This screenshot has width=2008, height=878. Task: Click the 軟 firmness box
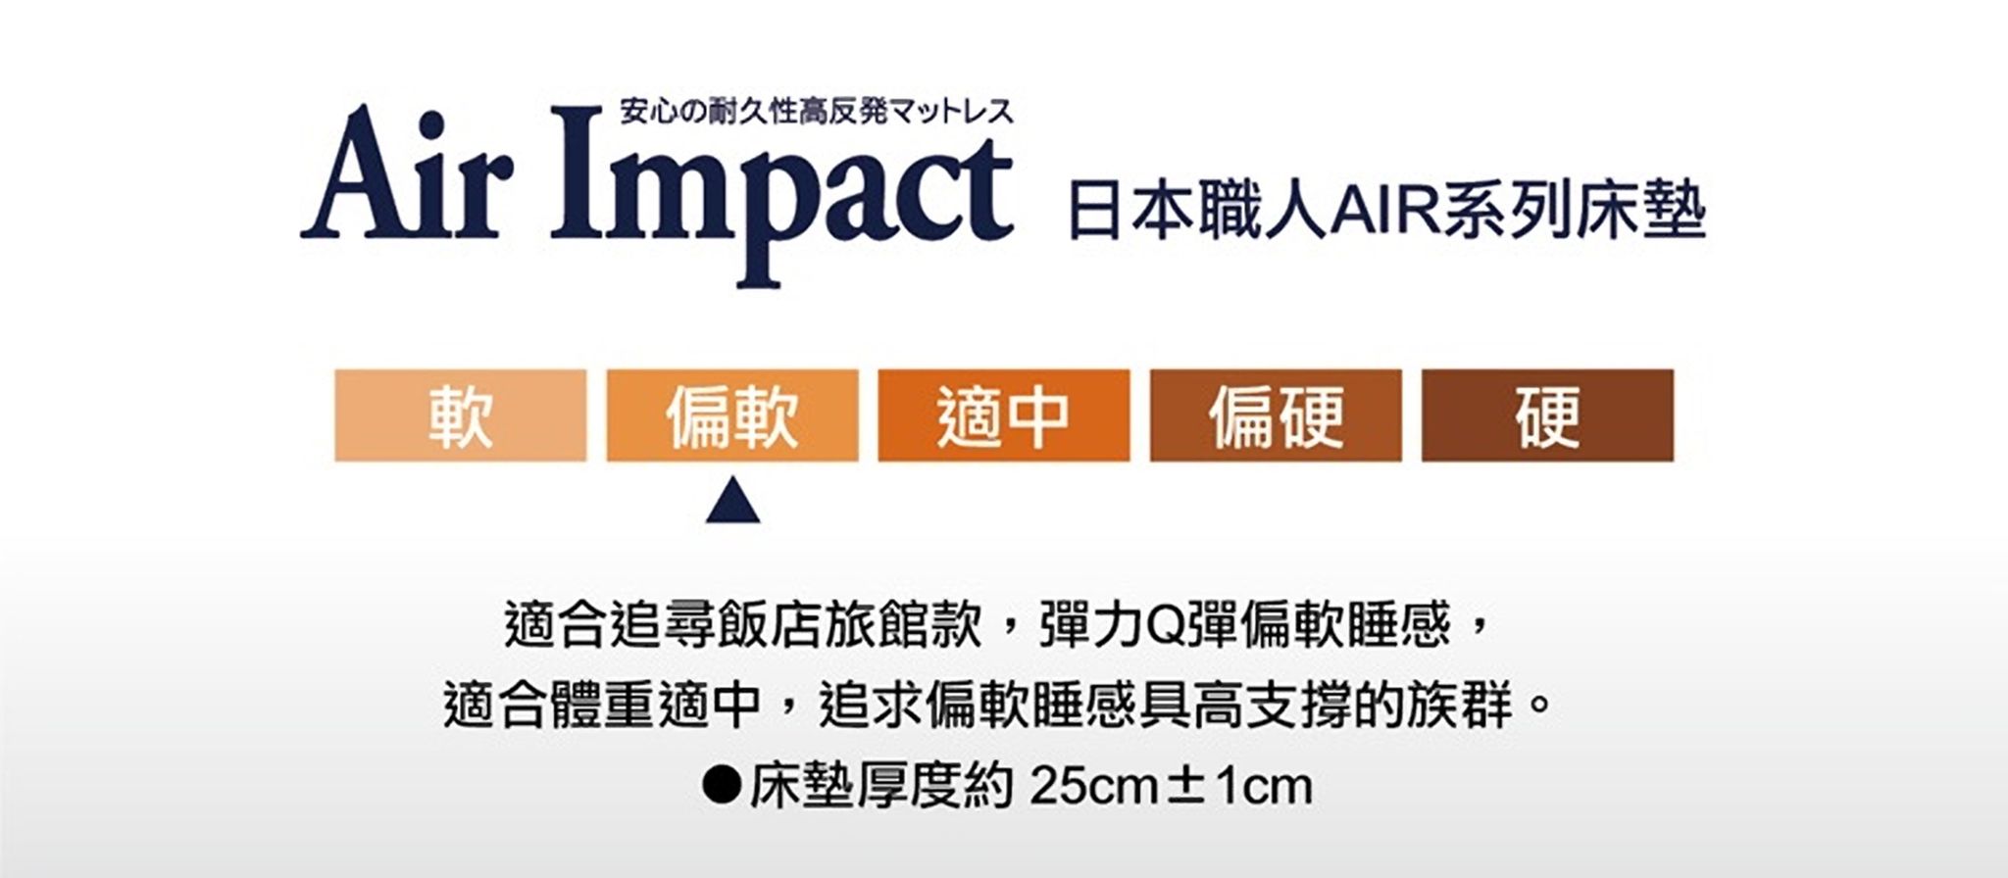(461, 415)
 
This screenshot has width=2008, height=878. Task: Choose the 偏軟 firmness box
(732, 415)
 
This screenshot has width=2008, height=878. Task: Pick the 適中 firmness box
(1004, 415)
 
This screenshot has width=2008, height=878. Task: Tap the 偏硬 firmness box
(1276, 415)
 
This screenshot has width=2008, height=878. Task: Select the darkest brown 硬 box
(1547, 415)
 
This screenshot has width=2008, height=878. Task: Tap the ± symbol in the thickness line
(1184, 787)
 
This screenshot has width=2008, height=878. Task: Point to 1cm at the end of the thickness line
(1263, 786)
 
